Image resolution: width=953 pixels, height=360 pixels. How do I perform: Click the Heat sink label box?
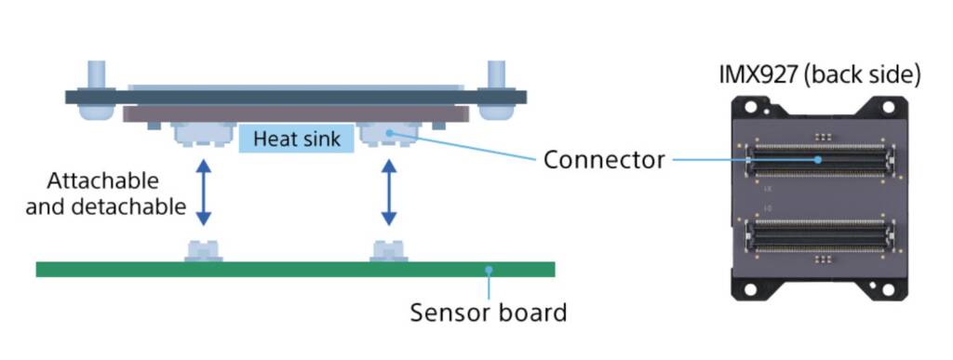pos(297,140)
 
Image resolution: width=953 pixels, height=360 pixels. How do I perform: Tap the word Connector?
pos(604,160)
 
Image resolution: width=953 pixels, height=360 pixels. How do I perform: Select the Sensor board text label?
pos(488,312)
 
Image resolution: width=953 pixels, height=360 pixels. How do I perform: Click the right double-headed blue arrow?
pos(388,193)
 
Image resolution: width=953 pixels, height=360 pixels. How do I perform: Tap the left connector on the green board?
pos(204,250)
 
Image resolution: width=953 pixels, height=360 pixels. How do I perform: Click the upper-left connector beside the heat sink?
pos(203,135)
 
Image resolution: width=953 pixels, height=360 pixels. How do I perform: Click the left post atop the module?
pos(97,74)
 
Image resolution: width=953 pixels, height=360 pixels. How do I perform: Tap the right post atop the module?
pos(496,74)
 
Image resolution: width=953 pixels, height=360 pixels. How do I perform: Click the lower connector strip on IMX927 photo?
pos(819,236)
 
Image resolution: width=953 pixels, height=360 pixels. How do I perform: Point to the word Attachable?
pos(102,180)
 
